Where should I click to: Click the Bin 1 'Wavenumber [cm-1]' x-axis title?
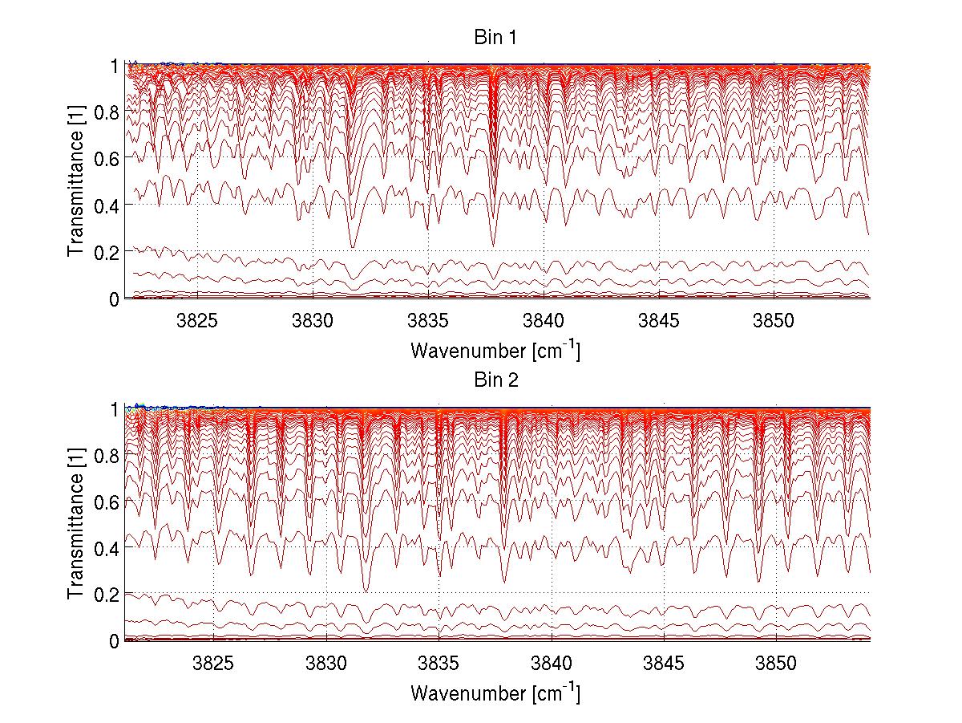pyautogui.click(x=495, y=351)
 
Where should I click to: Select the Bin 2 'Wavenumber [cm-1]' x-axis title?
pyautogui.click(x=495, y=693)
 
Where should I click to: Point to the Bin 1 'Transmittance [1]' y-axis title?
pyautogui.click(x=76, y=181)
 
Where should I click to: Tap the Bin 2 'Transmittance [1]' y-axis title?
pyautogui.click(x=76, y=524)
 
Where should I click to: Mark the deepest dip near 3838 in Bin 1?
pyautogui.click(x=493, y=245)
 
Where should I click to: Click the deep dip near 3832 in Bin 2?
pyautogui.click(x=367, y=591)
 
